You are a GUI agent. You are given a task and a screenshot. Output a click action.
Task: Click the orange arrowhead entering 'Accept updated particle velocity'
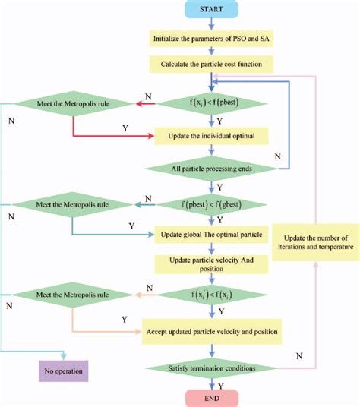click(139, 331)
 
